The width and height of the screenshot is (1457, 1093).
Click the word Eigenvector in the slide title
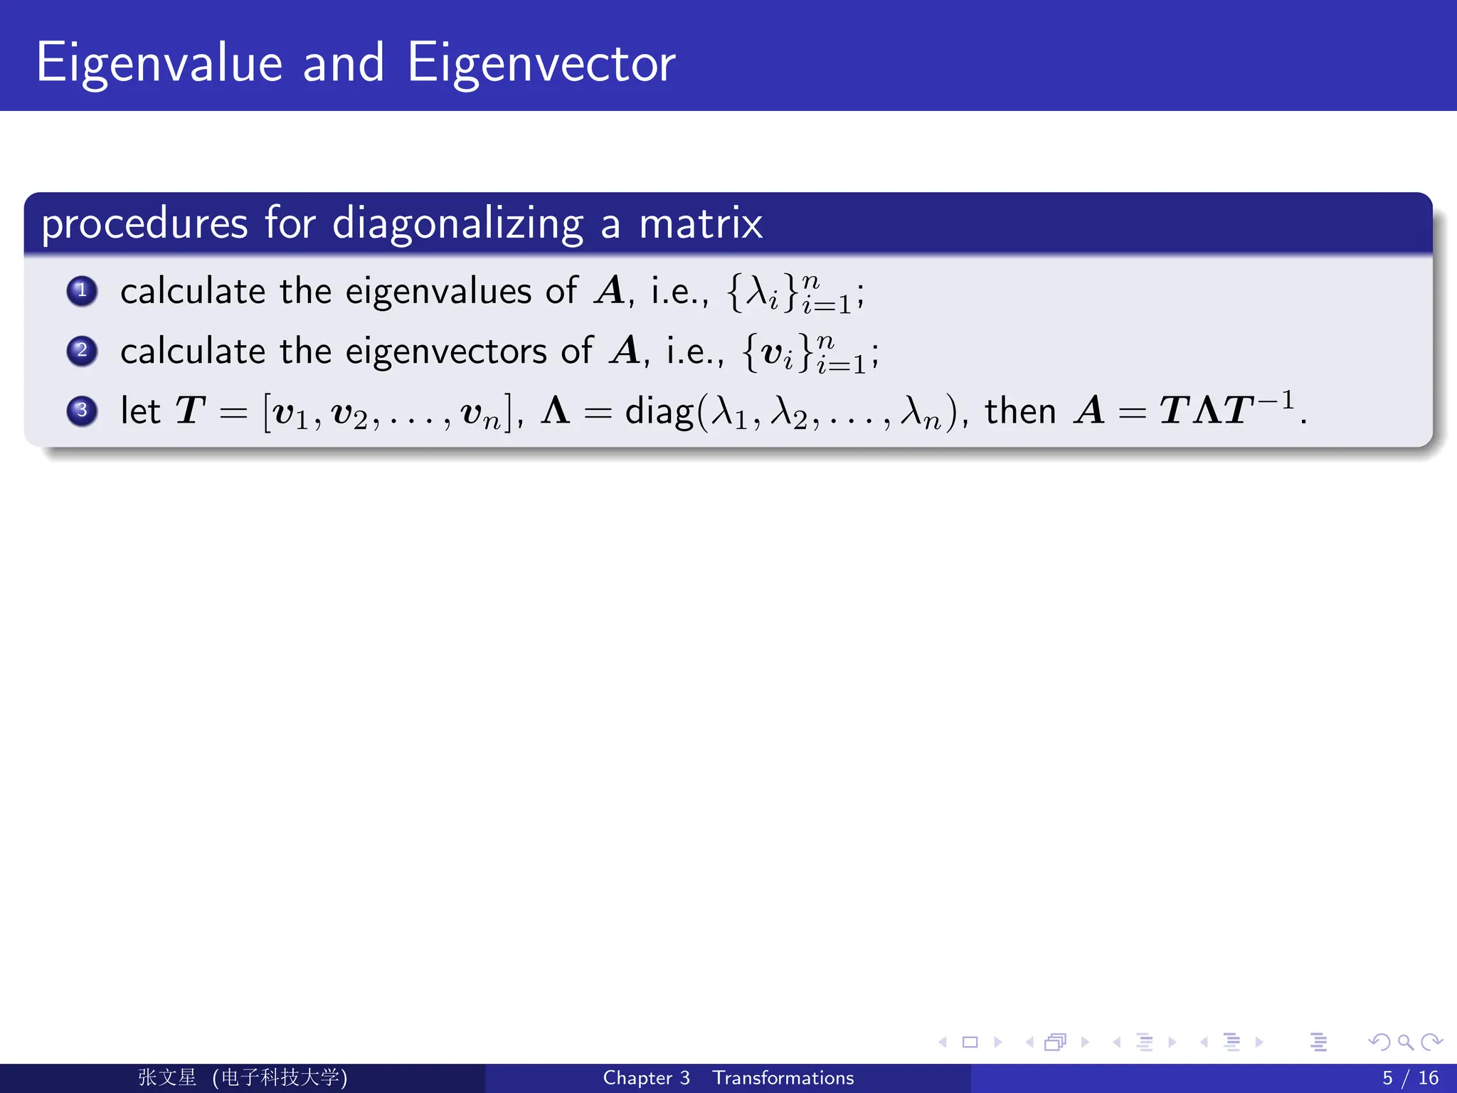541,64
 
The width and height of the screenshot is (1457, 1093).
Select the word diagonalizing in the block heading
457,224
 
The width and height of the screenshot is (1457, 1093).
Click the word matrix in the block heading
701,224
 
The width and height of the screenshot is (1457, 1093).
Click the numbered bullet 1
82,291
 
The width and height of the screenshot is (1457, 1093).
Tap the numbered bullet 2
82,351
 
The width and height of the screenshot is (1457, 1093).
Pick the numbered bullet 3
82,411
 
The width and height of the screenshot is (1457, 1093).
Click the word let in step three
140,411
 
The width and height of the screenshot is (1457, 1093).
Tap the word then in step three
1019,411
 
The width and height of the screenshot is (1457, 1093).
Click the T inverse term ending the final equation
1259,408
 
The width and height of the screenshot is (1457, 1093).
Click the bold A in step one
610,291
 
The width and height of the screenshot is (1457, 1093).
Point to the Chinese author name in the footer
167,1078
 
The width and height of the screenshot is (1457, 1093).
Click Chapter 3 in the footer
646,1078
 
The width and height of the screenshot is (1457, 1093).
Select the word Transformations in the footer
783,1078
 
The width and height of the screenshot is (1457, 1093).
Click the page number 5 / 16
1410,1078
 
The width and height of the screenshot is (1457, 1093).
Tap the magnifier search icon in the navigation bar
1405,1042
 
